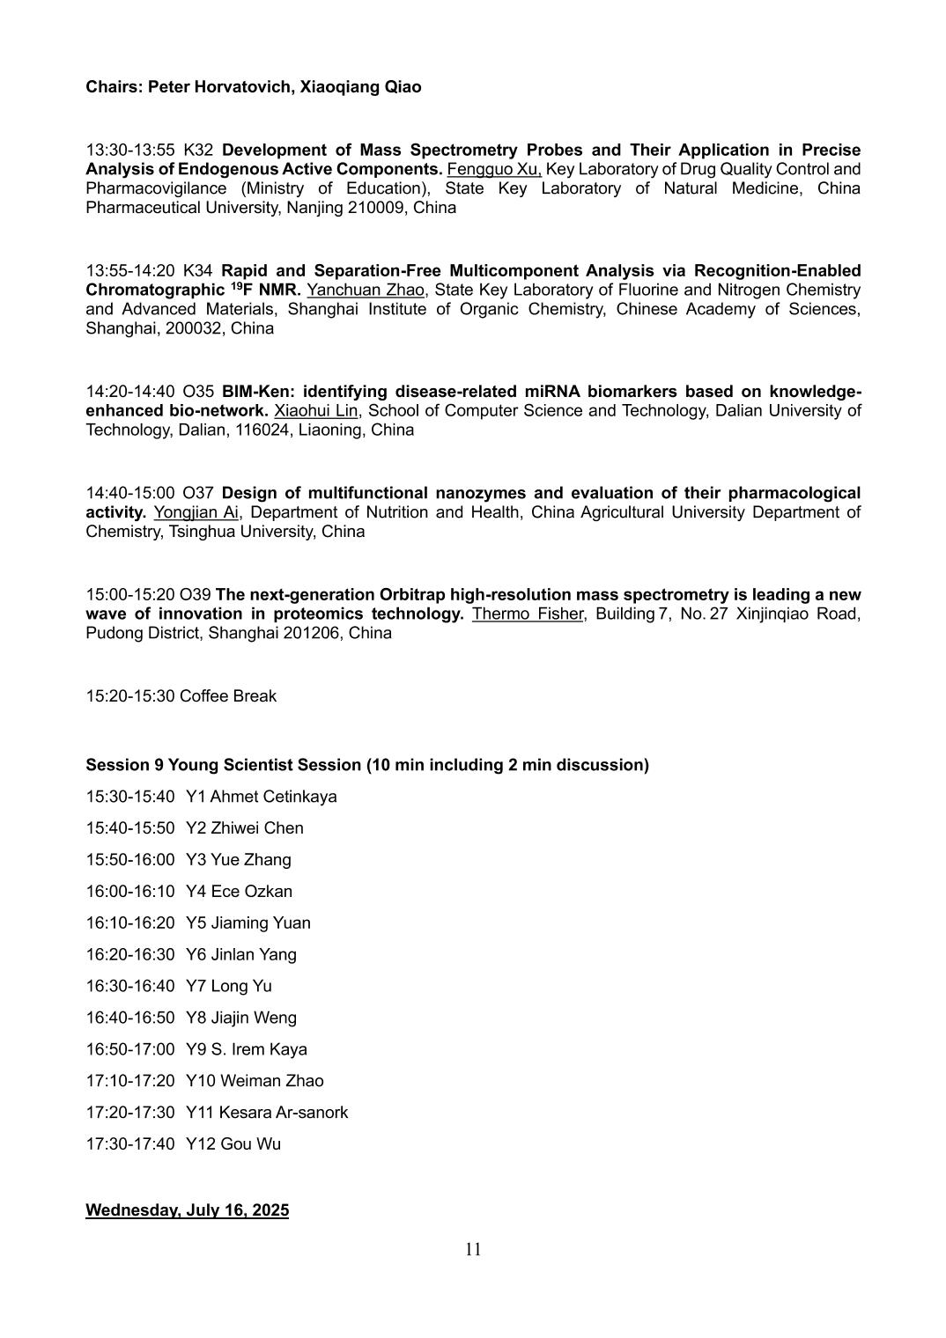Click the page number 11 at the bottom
pos(473,1250)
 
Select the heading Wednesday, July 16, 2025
pos(187,1210)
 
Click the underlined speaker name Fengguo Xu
pos(494,169)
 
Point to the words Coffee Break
pos(228,696)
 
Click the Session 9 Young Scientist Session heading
pos(366,765)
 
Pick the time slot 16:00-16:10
pos(129,892)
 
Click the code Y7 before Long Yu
pos(196,986)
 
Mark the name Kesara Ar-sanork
pos(284,1113)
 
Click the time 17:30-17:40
pos(129,1144)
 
